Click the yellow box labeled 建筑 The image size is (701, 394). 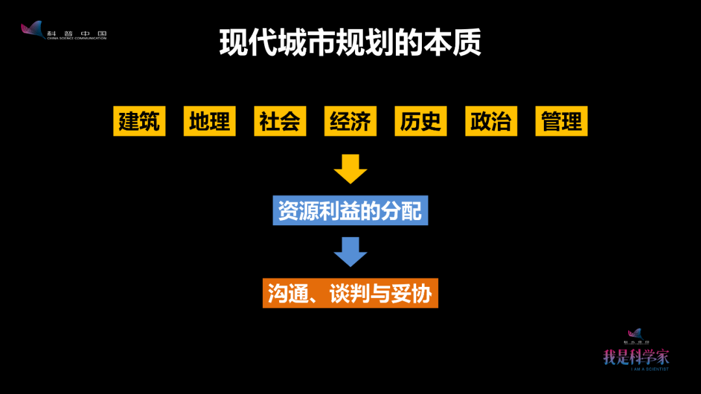139,121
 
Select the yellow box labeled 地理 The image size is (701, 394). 210,121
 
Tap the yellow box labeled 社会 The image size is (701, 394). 280,121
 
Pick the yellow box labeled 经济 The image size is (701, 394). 350,121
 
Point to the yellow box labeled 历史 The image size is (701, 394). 421,121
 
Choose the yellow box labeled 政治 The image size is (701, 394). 491,121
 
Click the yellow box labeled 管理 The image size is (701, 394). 561,121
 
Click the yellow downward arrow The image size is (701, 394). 350,169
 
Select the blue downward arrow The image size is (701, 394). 350,252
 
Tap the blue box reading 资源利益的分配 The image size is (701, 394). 350,211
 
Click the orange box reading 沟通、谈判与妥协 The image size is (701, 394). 350,293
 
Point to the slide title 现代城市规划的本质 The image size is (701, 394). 350,43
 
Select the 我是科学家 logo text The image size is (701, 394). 635,356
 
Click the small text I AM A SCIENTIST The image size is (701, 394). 649,369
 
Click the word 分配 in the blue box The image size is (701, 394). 401,211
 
